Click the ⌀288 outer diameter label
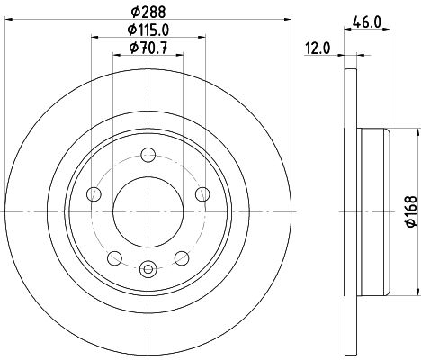[148, 13]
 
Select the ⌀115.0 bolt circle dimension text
[148, 30]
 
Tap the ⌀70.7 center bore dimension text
[148, 48]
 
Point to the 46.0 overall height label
[367, 22]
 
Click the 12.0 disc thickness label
[318, 49]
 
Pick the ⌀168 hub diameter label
[411, 211]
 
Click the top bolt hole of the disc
[148, 155]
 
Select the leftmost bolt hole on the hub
[94, 194]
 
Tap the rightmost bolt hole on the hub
[202, 194]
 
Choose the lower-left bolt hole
[114, 258]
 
